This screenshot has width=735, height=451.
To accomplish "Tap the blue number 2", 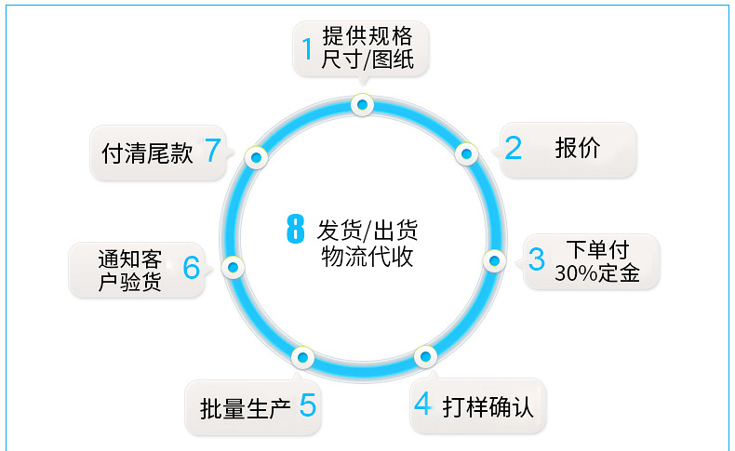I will [x=514, y=148].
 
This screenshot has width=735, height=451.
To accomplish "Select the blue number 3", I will [x=537, y=259].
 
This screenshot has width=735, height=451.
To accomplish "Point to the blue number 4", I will [x=423, y=405].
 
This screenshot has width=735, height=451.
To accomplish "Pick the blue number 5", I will [x=308, y=405].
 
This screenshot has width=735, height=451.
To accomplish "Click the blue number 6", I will [x=191, y=268].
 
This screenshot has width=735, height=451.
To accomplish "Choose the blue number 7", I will [x=213, y=151].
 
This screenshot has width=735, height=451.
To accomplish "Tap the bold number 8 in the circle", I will [x=295, y=230].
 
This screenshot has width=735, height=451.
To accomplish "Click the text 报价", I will [x=578, y=148].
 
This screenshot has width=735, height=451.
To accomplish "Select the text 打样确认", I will [x=488, y=406].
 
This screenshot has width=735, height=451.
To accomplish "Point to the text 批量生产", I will [x=246, y=407].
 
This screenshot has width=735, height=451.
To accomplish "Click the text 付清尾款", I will [x=147, y=153].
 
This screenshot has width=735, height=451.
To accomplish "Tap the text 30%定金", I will [x=596, y=273].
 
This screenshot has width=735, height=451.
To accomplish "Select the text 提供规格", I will [x=367, y=37].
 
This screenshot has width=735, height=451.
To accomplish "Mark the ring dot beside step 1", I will [x=362, y=105].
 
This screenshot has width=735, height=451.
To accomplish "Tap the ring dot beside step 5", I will [x=301, y=356].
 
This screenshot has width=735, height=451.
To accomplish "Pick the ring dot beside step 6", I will [x=233, y=268].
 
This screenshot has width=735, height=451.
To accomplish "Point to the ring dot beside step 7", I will [x=256, y=157].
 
